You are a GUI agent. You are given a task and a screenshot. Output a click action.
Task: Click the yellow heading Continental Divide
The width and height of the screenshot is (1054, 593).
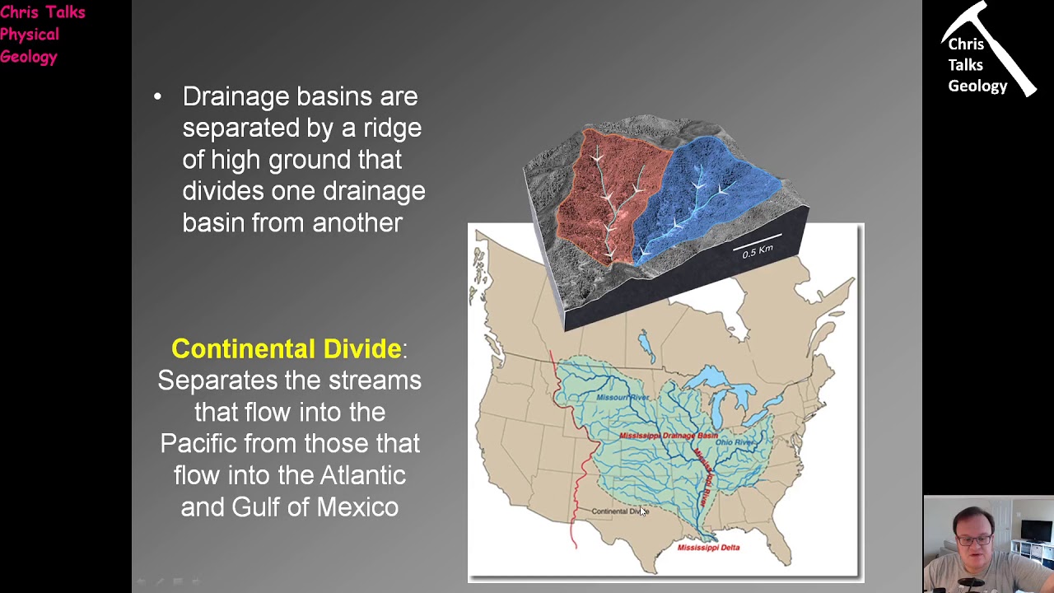coord(286,348)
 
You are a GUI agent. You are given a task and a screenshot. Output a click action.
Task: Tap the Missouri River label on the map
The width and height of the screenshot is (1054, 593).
coord(623,398)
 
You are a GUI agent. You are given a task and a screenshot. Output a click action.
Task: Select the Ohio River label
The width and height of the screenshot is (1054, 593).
coord(735,442)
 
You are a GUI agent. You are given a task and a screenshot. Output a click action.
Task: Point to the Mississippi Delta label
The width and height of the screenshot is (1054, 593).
coord(708,547)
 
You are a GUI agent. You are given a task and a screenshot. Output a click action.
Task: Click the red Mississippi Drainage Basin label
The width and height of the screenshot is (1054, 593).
coord(668,435)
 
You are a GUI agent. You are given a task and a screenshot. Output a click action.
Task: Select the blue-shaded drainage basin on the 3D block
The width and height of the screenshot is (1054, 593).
coord(708,189)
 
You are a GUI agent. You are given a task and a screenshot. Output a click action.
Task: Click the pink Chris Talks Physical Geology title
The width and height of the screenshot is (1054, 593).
coord(41,35)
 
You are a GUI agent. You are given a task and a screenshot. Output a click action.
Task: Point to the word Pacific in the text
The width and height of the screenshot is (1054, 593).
coord(198,443)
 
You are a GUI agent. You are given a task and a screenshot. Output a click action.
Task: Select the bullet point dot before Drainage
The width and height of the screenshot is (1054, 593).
coord(158,97)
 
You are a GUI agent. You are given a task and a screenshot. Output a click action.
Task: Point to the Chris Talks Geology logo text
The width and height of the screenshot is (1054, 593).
coord(977,65)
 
